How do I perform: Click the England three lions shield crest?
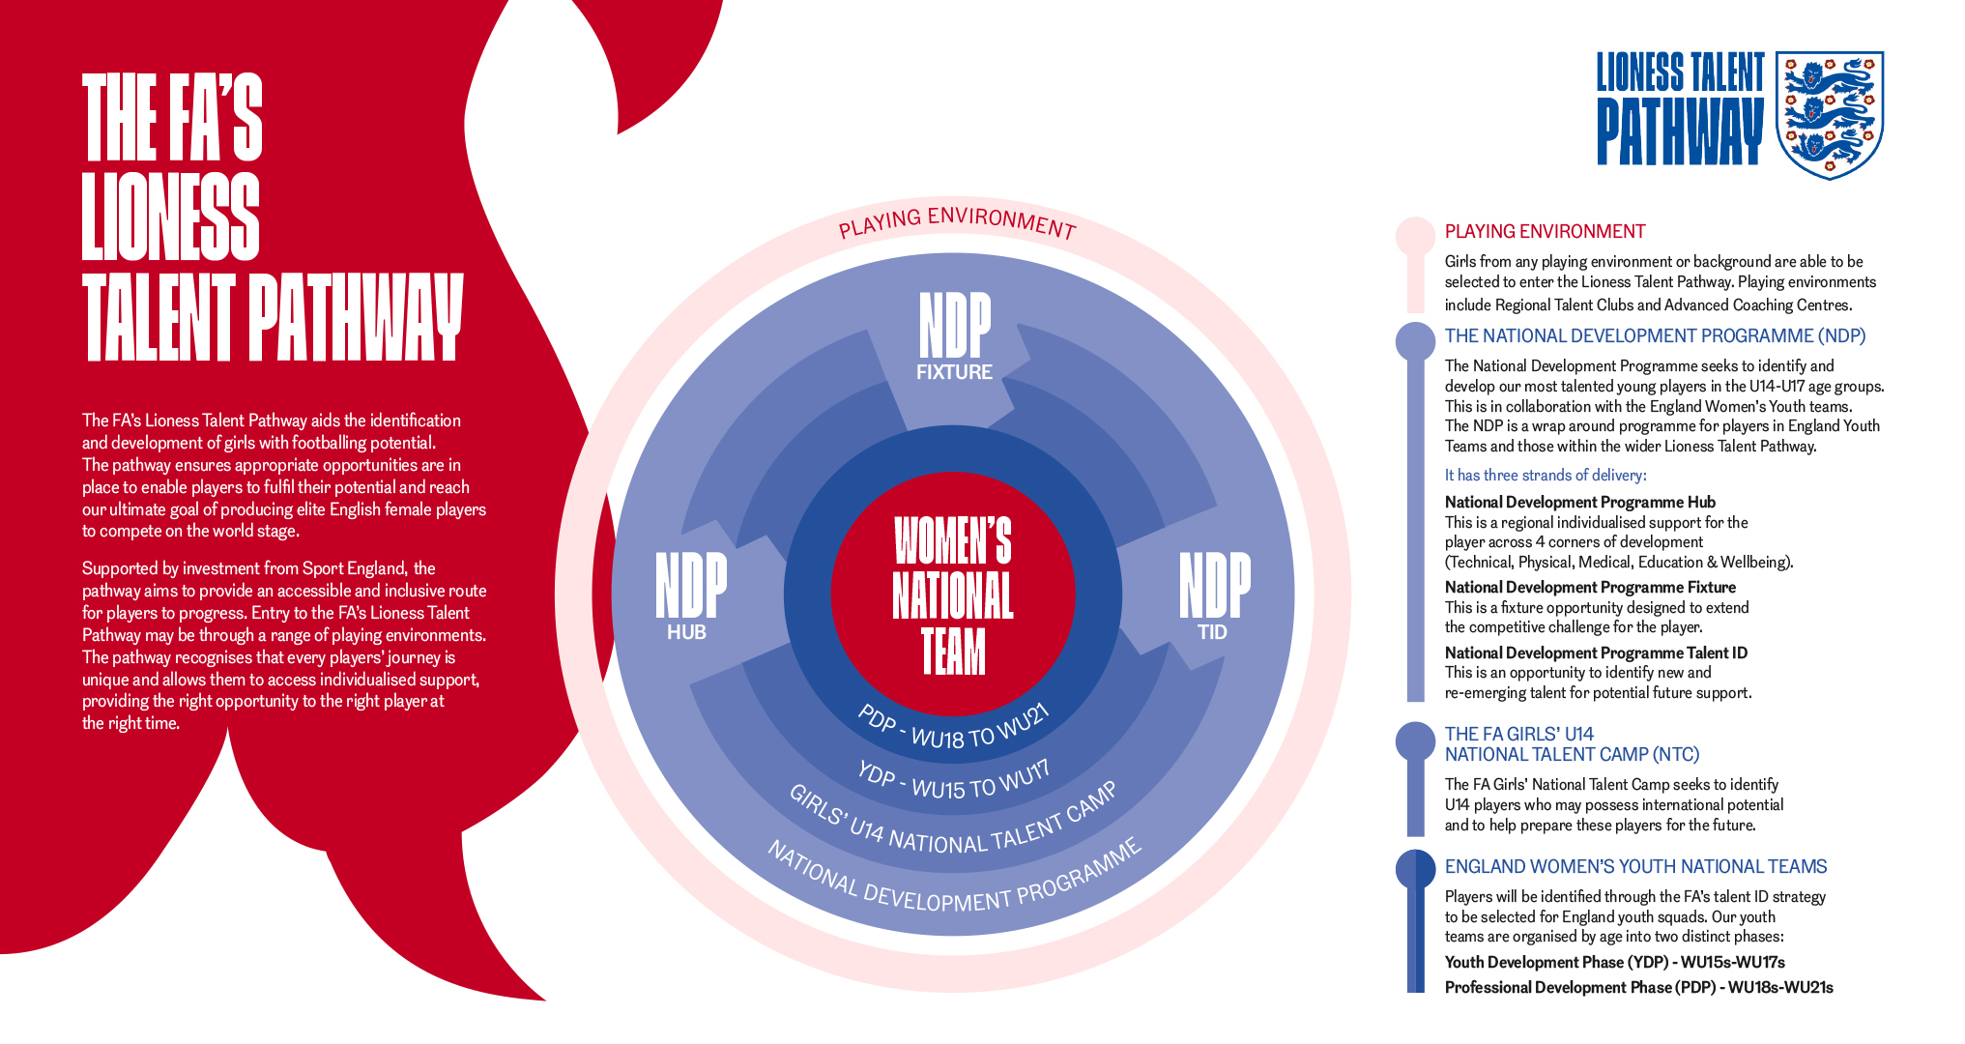[x=1830, y=114]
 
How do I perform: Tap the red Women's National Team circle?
[x=953, y=593]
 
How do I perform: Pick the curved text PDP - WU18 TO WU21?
[x=954, y=731]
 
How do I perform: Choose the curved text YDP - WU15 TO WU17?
[x=954, y=781]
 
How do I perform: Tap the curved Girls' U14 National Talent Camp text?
[x=954, y=827]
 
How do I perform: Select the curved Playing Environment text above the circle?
[x=956, y=221]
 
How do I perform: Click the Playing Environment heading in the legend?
[x=1545, y=232]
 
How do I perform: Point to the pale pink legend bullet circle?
[x=1415, y=236]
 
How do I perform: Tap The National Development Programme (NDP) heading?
[x=1655, y=336]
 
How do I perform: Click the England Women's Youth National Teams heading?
[x=1635, y=867]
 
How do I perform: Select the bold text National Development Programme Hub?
[x=1579, y=503]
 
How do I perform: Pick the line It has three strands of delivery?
[x=1546, y=476]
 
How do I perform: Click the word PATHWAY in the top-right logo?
[x=1680, y=131]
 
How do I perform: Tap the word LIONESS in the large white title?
[x=171, y=217]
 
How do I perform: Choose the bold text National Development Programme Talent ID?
[x=1596, y=653]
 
